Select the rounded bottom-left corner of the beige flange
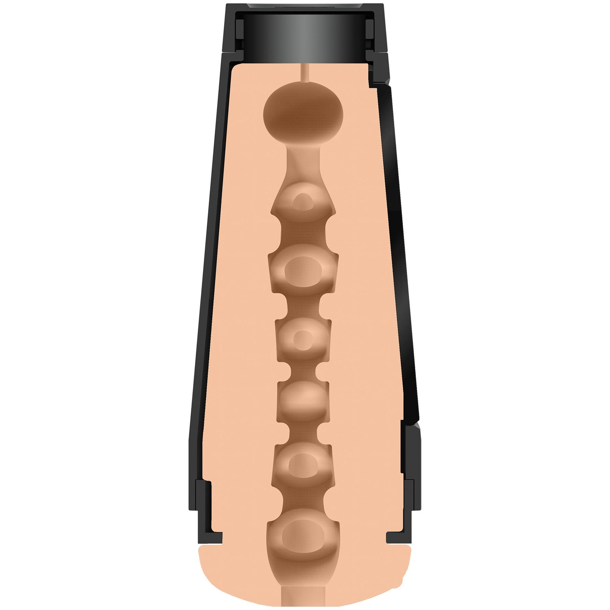209,588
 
